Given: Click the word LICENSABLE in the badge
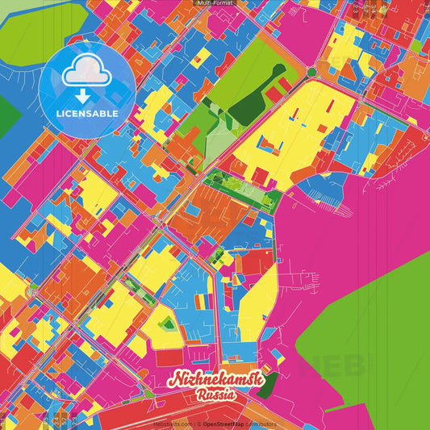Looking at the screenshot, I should point(87,114).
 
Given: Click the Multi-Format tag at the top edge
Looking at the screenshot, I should point(215,3).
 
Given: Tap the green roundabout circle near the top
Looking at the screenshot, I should point(311,73).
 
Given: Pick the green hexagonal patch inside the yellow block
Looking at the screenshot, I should point(168,324).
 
